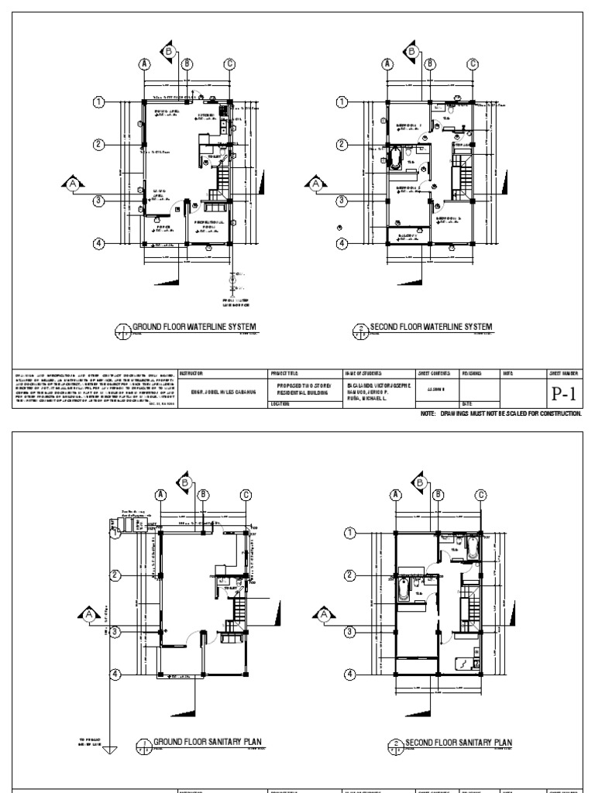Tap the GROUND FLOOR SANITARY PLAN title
click(x=208, y=742)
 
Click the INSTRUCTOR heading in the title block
click(x=191, y=372)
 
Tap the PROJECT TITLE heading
click(x=283, y=372)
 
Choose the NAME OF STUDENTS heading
click(x=362, y=372)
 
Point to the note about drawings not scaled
click(x=500, y=414)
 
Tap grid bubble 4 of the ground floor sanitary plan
click(x=115, y=674)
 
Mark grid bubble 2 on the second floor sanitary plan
click(x=349, y=575)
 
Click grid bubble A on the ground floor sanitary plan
click(x=161, y=494)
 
